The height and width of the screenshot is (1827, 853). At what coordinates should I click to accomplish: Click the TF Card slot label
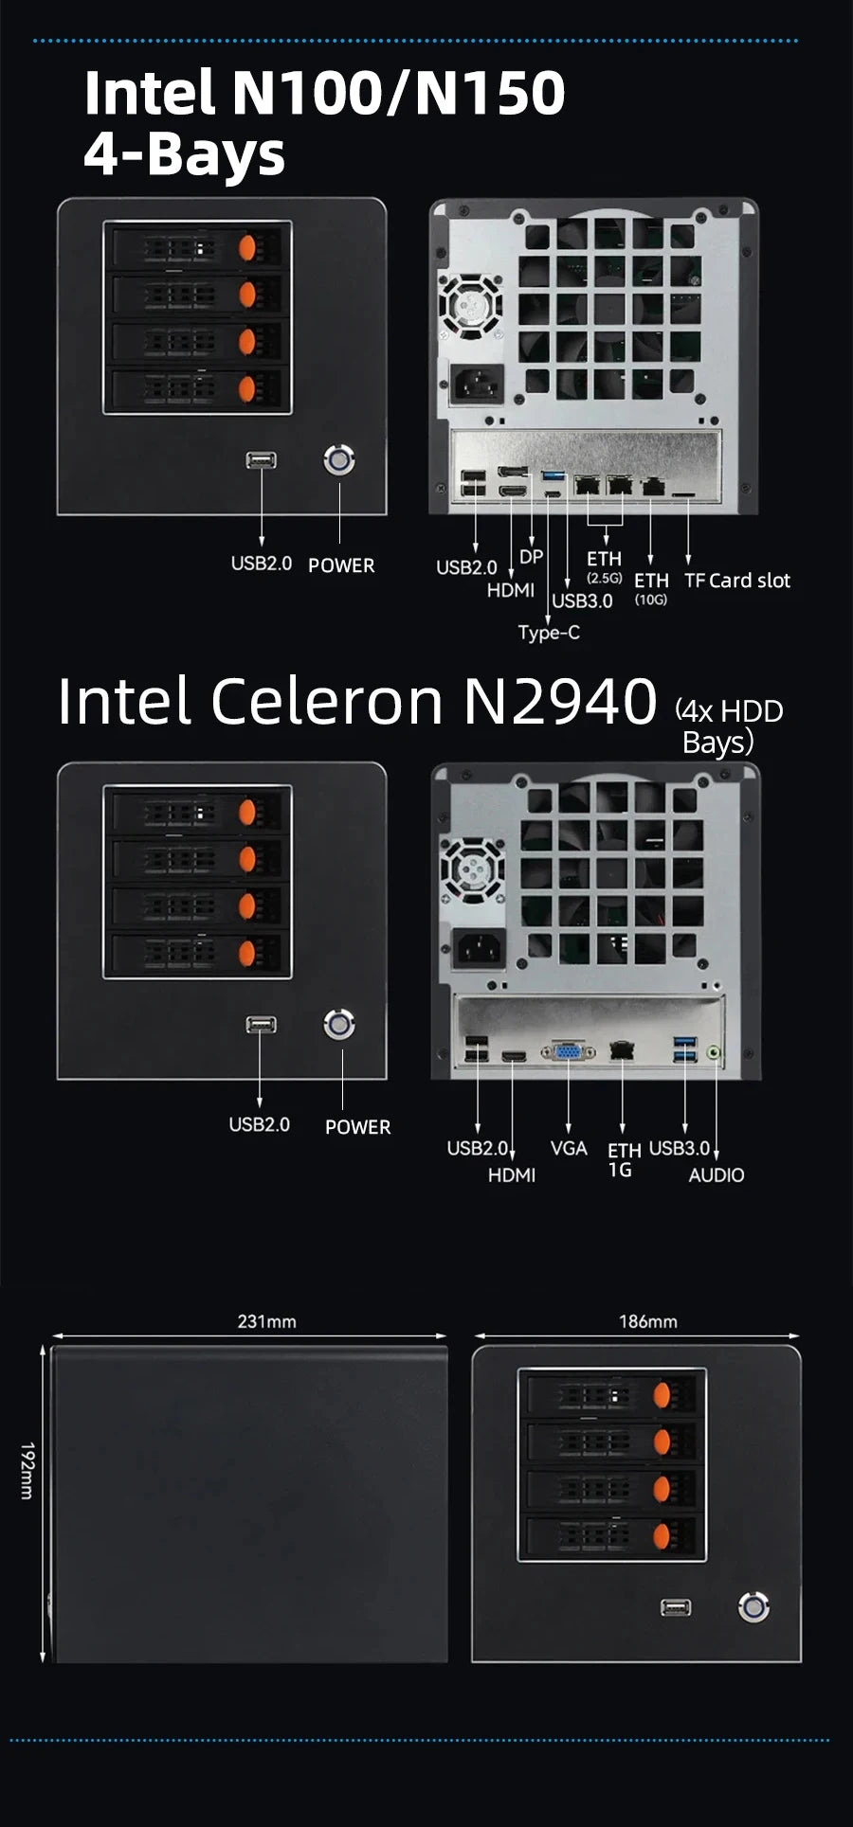736,581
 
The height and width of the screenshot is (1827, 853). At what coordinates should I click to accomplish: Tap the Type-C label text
549,633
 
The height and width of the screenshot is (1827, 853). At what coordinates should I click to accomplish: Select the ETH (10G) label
651,587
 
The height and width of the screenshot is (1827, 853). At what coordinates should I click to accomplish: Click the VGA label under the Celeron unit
569,1148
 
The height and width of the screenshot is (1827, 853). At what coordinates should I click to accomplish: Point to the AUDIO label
716,1175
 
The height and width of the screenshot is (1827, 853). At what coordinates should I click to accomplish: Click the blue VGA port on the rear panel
569,1051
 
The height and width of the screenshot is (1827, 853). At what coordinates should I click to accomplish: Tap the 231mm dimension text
266,1321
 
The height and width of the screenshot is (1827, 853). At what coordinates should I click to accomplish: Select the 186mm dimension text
647,1321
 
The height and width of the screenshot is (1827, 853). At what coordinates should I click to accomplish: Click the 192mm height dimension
27,1471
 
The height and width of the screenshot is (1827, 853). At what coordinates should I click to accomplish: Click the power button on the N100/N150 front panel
339,461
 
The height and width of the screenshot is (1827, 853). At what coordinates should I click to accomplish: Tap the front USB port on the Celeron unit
261,1025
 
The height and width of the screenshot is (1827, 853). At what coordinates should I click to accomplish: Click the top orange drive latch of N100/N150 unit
247,248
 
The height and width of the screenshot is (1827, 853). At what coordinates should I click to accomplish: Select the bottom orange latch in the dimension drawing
662,1534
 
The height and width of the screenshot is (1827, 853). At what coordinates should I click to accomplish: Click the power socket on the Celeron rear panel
478,947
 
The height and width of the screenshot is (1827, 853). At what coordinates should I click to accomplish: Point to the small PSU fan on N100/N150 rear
471,305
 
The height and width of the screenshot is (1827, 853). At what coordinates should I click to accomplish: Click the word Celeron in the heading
326,701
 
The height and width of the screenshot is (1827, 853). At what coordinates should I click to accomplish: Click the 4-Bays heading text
184,153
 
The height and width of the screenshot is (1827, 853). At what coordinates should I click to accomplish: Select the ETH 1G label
624,1159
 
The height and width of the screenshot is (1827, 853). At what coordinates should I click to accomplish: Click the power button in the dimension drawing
753,1607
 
